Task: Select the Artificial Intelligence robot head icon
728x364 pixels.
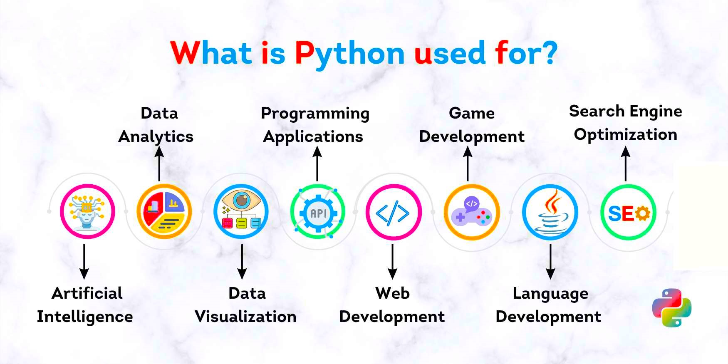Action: (87, 211)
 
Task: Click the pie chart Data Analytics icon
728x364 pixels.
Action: (164, 211)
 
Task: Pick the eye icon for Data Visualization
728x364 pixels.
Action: (241, 211)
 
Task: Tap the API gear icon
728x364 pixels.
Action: (318, 212)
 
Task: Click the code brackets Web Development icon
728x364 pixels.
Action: (394, 212)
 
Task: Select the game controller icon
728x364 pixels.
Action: (472, 212)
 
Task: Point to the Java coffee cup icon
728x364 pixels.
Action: (550, 212)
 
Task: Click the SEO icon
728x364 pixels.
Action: (628, 212)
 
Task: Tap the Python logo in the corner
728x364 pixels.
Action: (672, 308)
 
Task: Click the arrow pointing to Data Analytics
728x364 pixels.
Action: (159, 164)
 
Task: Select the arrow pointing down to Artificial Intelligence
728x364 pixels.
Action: (84, 262)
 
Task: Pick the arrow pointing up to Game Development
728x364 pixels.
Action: (468, 164)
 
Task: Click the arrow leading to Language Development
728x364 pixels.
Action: (550, 262)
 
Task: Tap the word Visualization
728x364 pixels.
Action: (245, 317)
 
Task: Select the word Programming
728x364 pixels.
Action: (315, 114)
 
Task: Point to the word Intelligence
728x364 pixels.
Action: (85, 317)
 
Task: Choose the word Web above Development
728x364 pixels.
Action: (392, 293)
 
